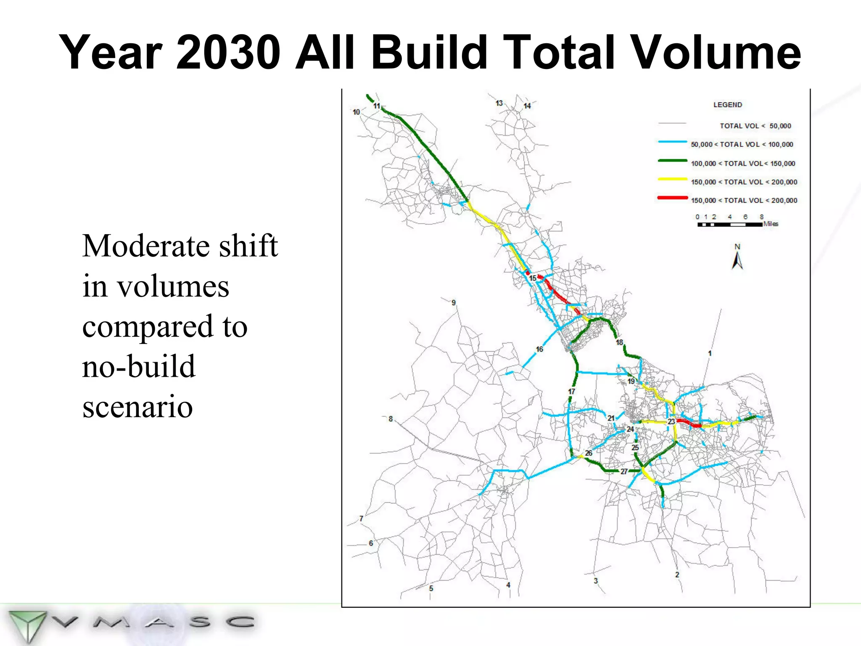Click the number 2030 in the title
pyautogui.click(x=228, y=53)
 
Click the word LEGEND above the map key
pyautogui.click(x=727, y=105)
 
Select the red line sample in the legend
pyautogui.click(x=673, y=198)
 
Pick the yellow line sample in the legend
pyautogui.click(x=673, y=179)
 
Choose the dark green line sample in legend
pyautogui.click(x=673, y=161)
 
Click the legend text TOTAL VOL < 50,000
pyautogui.click(x=755, y=126)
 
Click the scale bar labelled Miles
pyautogui.click(x=729, y=225)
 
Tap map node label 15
pyautogui.click(x=532, y=278)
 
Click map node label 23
pyautogui.click(x=671, y=421)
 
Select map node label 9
pyautogui.click(x=454, y=303)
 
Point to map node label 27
pyautogui.click(x=624, y=471)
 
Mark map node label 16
pyautogui.click(x=539, y=349)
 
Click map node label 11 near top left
pyautogui.click(x=377, y=106)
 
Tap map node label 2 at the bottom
pyautogui.click(x=677, y=575)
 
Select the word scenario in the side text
pyautogui.click(x=137, y=407)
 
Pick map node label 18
pyautogui.click(x=619, y=342)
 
